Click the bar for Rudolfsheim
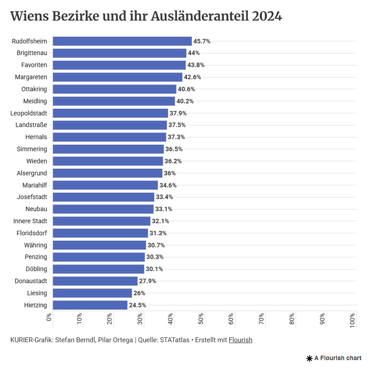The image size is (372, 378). [x=122, y=41]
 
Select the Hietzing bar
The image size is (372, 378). [x=90, y=305]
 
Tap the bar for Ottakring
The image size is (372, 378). [x=114, y=89]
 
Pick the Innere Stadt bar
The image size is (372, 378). [x=101, y=221]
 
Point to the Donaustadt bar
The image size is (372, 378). [x=95, y=281]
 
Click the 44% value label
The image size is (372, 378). [x=194, y=53]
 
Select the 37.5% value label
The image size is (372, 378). [x=177, y=125]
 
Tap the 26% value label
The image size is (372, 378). [x=139, y=293]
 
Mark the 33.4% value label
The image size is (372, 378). [x=164, y=197]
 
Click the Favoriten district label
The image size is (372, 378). [x=34, y=65]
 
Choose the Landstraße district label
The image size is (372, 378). [x=31, y=125]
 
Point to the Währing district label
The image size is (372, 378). [x=35, y=245]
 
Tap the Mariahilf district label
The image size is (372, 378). [x=35, y=185]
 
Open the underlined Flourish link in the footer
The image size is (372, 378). [x=240, y=340]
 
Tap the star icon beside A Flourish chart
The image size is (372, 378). [x=309, y=358]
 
